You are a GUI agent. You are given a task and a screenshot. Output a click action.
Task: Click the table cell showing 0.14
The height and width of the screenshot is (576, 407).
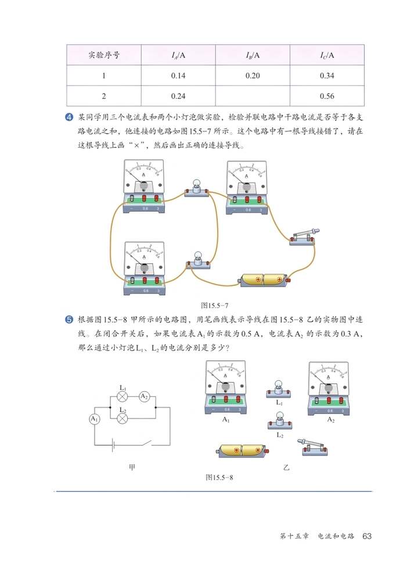point(178,76)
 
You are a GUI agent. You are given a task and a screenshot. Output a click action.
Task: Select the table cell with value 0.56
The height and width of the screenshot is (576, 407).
point(327,96)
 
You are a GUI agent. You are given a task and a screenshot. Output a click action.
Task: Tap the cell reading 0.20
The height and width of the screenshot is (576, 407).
point(252,76)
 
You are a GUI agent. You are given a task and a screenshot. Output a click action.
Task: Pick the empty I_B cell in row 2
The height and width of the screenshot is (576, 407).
point(252,96)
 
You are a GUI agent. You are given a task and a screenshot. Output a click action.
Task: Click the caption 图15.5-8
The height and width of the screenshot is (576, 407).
point(218,477)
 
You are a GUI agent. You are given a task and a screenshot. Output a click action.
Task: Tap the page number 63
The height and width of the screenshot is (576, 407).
point(366,535)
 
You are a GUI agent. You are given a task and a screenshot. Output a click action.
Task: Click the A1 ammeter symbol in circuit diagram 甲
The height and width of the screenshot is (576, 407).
point(94,418)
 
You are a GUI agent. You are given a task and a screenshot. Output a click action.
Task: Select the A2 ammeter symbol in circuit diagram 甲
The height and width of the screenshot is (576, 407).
point(144,396)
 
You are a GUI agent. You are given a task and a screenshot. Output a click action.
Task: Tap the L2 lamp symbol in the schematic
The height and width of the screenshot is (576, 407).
point(123,418)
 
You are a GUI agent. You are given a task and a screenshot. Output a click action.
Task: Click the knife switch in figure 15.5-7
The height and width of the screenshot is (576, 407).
point(303,237)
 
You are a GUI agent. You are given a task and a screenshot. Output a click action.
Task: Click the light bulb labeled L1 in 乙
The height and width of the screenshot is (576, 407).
point(279,388)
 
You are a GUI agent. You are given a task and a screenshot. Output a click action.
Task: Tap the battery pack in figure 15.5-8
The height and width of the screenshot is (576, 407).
point(243,450)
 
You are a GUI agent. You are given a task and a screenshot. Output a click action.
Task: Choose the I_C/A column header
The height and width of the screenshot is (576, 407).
point(327,55)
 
